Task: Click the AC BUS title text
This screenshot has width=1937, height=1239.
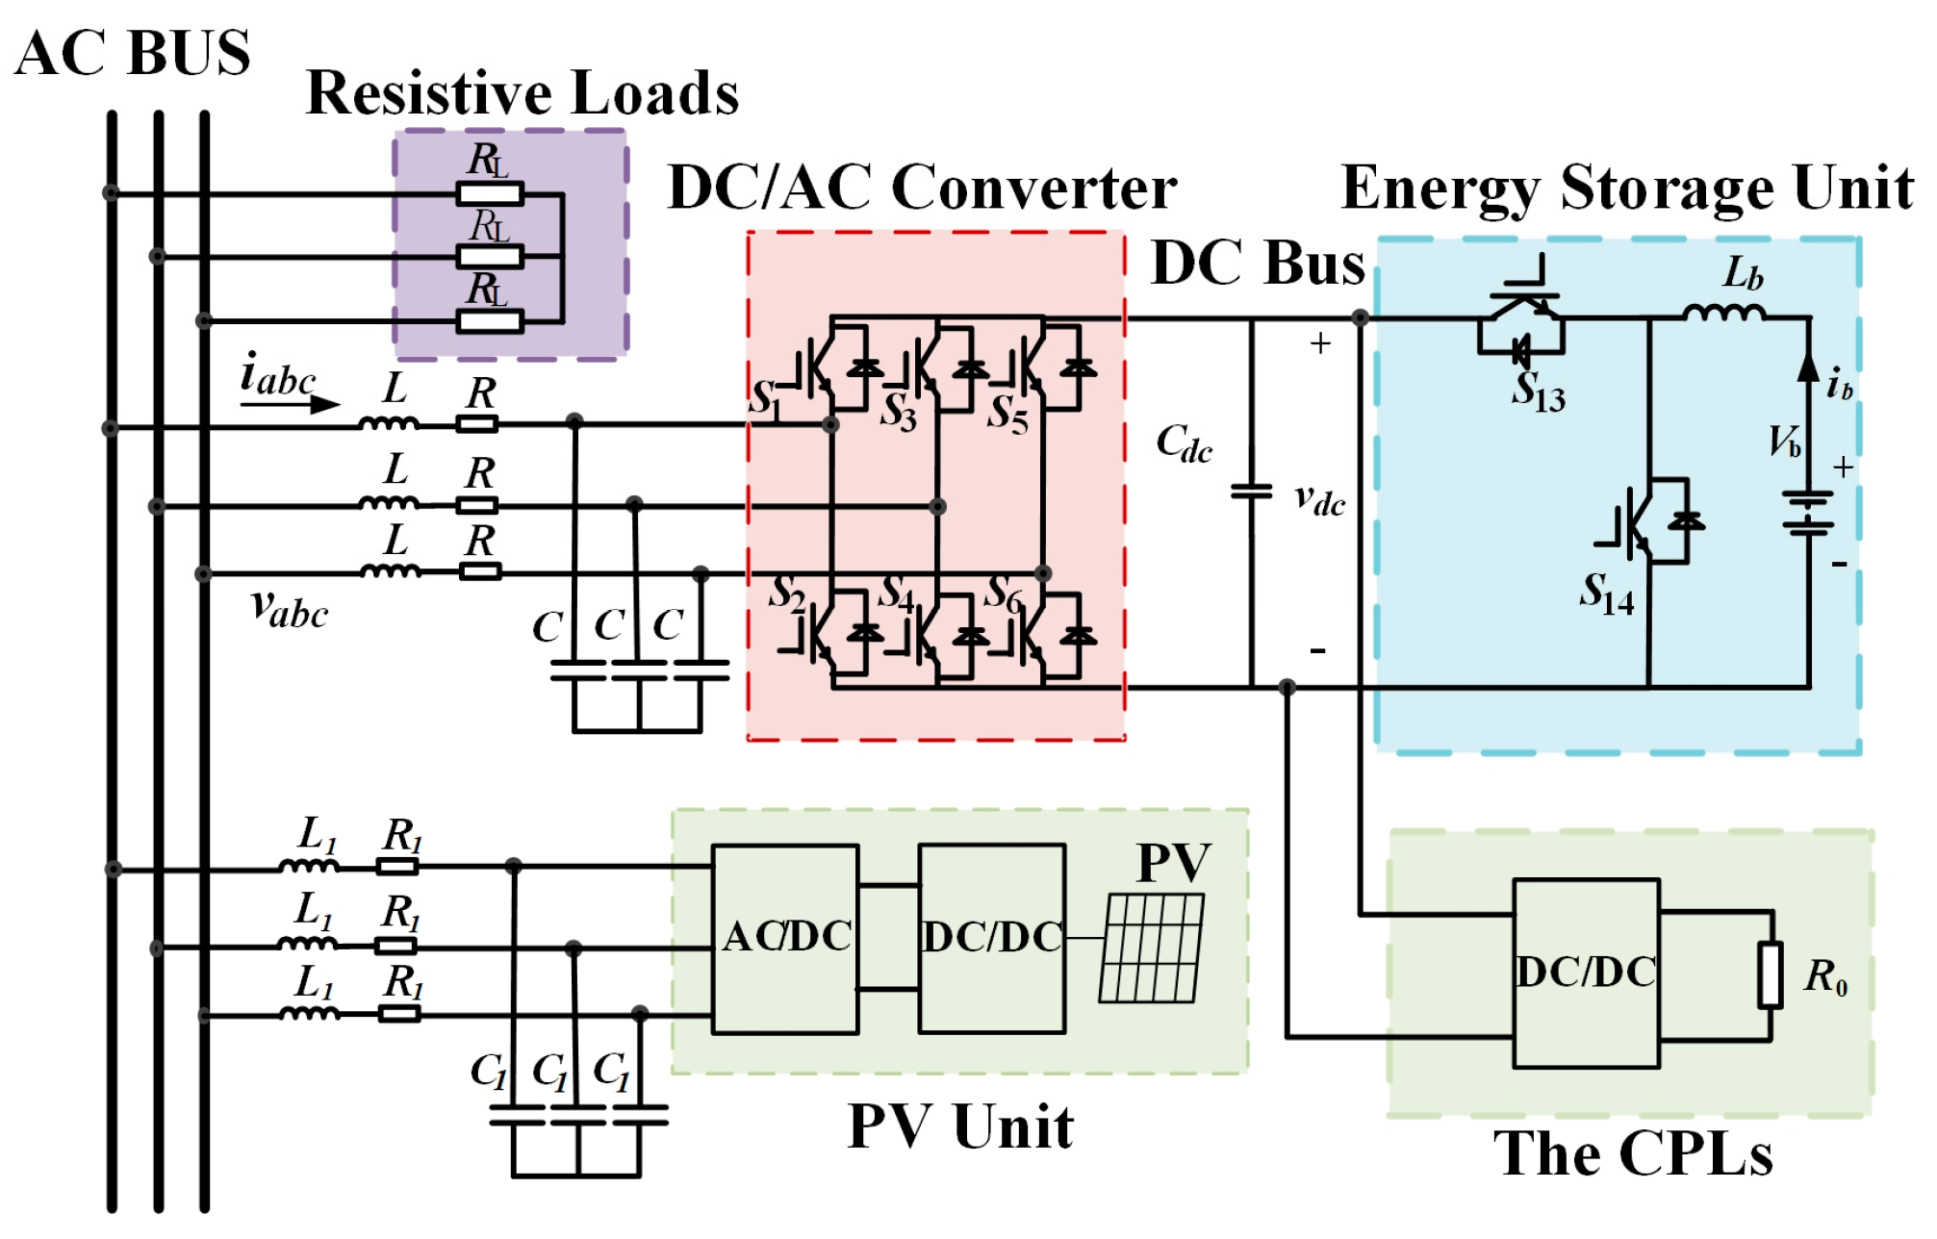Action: coord(133,53)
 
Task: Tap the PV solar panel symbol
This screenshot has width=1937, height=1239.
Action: coord(1152,948)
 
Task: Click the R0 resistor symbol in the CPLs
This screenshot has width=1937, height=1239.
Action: coord(1771,975)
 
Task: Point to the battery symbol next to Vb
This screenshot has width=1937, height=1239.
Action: coord(1808,513)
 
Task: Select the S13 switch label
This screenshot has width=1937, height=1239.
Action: coord(1538,392)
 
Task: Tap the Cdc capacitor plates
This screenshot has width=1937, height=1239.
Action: coord(1251,492)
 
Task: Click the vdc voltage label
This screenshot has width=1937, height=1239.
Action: coord(1319,499)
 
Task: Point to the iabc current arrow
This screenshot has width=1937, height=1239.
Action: coord(290,404)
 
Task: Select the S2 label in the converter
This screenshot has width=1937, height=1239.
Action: coord(786,594)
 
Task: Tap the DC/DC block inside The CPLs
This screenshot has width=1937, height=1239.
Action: coord(1586,973)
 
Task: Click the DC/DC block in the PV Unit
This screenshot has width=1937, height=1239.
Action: coord(992,938)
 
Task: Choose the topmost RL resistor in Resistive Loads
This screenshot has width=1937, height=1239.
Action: coord(490,194)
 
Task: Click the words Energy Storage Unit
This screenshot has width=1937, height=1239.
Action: coord(1626,188)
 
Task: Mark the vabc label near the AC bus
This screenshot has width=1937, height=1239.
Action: coord(289,609)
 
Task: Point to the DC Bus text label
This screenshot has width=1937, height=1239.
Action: coord(1258,264)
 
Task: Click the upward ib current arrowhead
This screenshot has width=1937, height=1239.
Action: coord(1808,367)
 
